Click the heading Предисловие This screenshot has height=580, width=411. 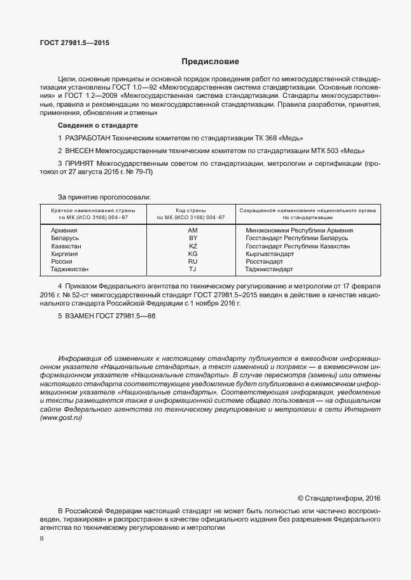click(x=210, y=62)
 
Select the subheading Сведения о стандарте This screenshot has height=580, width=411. click(x=93, y=125)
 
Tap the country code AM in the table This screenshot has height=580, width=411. click(x=193, y=230)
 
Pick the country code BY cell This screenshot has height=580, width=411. click(x=193, y=238)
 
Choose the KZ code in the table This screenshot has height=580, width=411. click(x=193, y=246)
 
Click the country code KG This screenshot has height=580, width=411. click(x=193, y=253)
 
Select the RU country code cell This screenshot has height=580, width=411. click(x=193, y=261)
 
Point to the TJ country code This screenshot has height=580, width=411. click(x=193, y=269)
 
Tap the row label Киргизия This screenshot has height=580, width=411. click(x=65, y=253)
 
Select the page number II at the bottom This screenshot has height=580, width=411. click(x=41, y=538)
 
